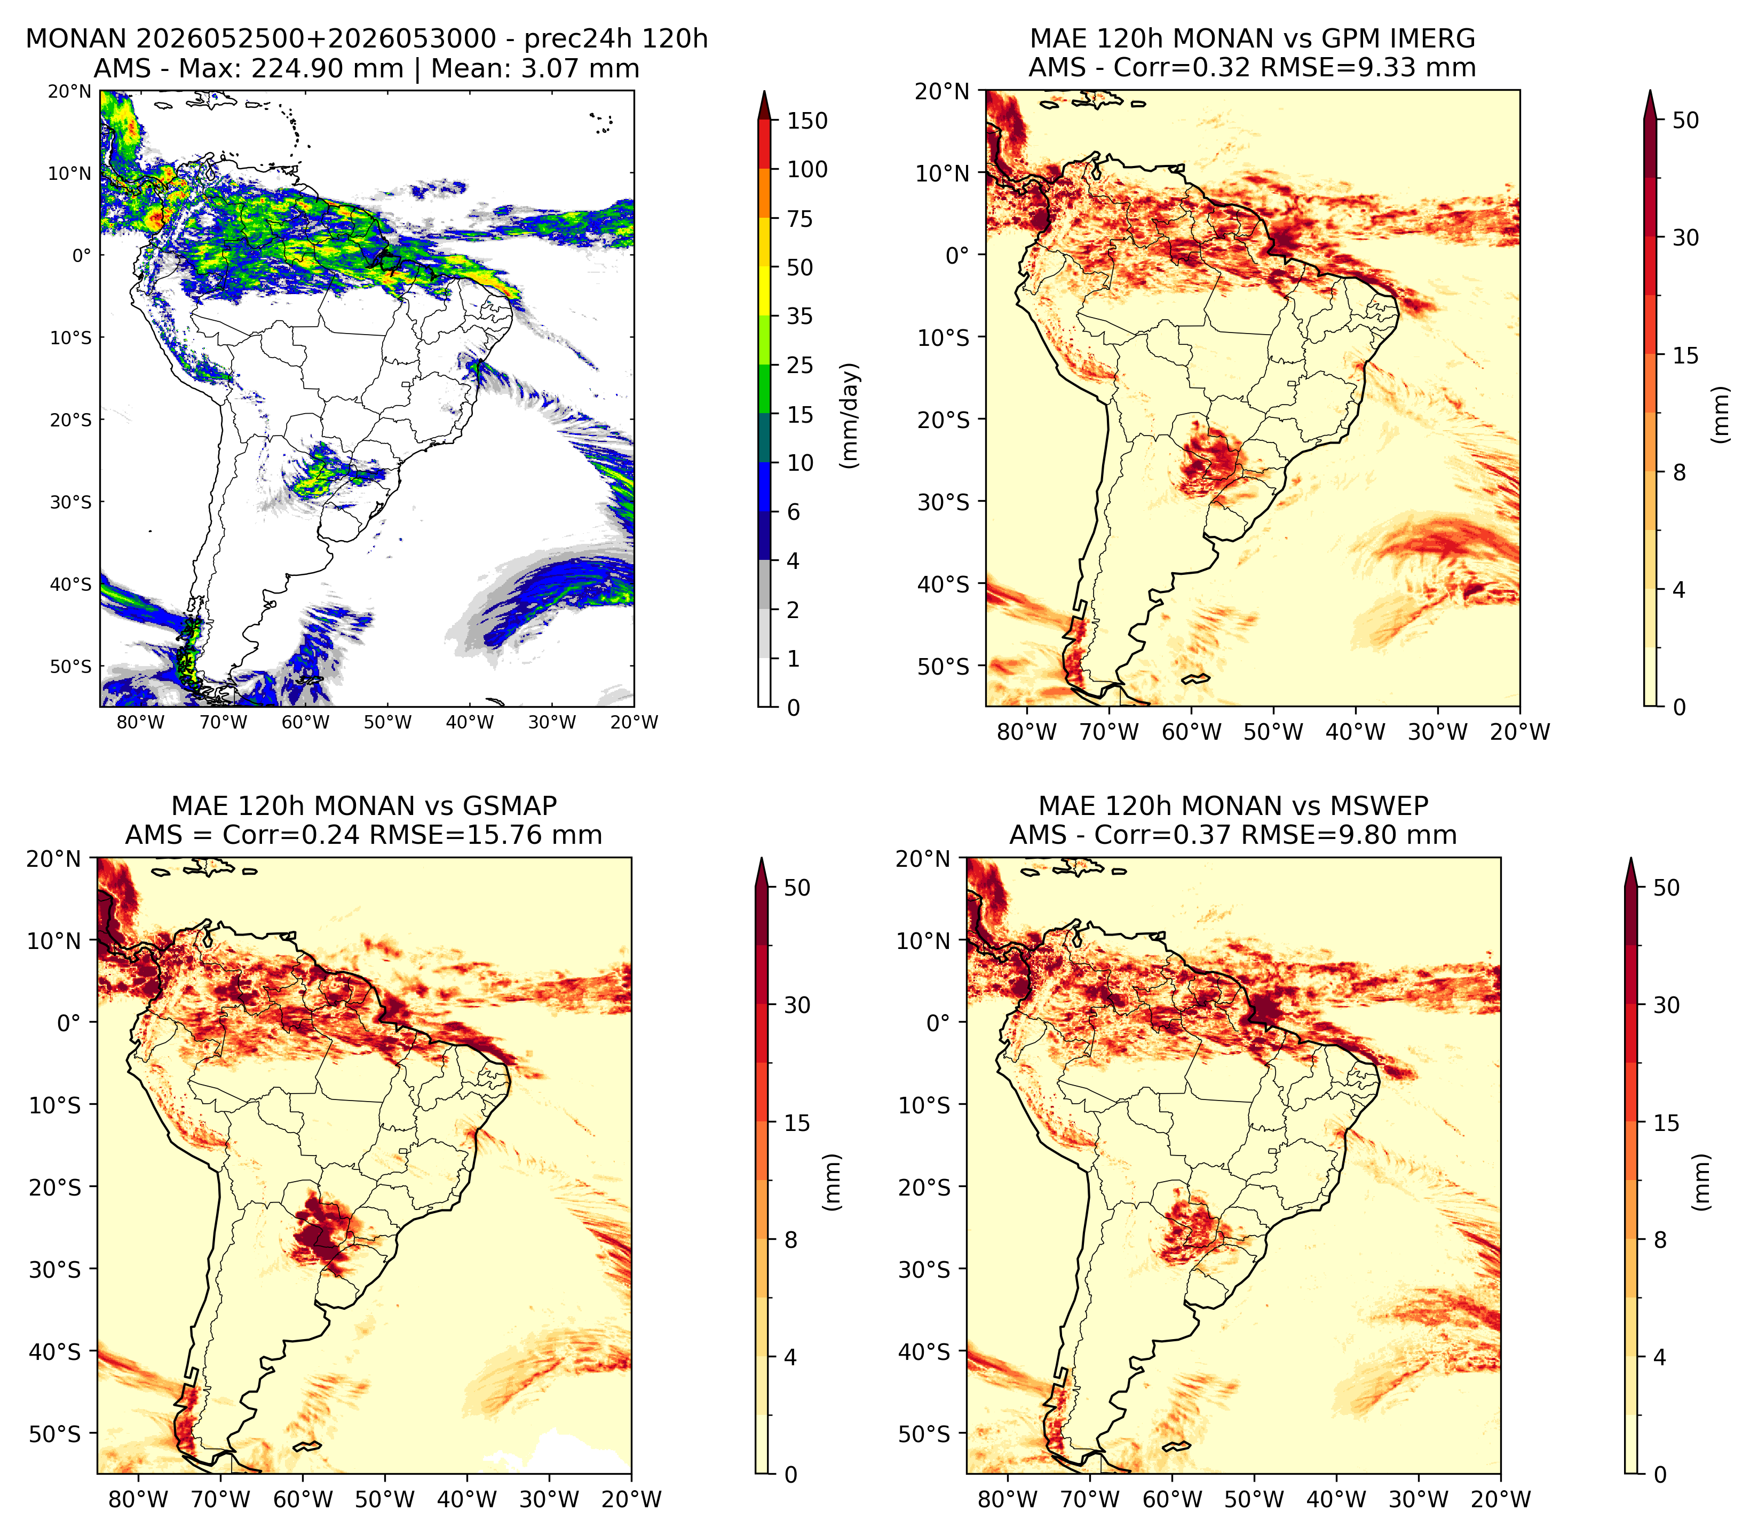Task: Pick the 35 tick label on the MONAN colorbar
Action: (801, 316)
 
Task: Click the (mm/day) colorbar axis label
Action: (850, 415)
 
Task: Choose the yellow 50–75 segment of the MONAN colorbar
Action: (765, 242)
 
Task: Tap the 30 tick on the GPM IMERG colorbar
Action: (1685, 238)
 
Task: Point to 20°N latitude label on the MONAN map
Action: (69, 91)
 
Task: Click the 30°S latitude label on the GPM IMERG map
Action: (944, 501)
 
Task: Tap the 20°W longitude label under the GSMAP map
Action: (631, 1499)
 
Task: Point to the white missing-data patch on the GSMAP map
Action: (561, 1452)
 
